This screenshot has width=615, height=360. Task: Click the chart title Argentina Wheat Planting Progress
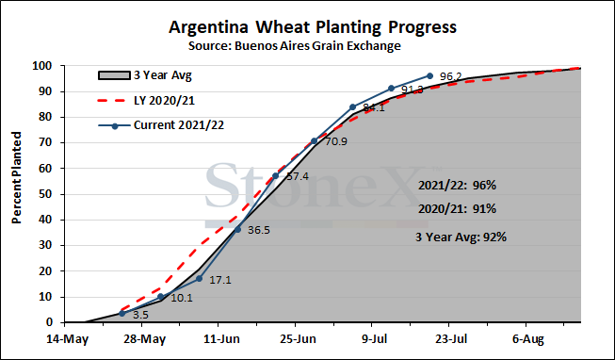(x=313, y=27)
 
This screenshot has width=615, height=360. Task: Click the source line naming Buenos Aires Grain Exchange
(x=295, y=46)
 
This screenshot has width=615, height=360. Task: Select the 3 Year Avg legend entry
(x=145, y=75)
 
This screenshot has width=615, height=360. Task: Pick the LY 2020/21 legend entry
(x=146, y=101)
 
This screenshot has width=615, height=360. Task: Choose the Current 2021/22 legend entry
(x=161, y=125)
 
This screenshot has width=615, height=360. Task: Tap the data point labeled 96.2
(x=429, y=75)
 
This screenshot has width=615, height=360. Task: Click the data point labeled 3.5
(x=122, y=313)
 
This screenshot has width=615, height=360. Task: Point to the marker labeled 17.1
(x=199, y=278)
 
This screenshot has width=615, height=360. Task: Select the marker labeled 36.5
(x=237, y=229)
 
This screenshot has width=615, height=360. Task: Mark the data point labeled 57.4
(x=275, y=176)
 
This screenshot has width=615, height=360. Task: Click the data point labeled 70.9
(x=314, y=141)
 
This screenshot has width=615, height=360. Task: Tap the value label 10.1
(x=182, y=298)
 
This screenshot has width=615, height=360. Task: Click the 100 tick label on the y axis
(x=42, y=66)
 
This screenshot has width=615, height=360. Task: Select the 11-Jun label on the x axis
(x=221, y=339)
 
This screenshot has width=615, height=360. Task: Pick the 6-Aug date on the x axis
(x=528, y=339)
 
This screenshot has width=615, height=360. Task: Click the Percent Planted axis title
(x=16, y=178)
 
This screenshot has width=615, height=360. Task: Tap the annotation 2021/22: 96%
(x=457, y=185)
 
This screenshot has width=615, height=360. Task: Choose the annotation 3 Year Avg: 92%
(x=461, y=237)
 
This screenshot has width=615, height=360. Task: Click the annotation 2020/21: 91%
(x=457, y=209)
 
